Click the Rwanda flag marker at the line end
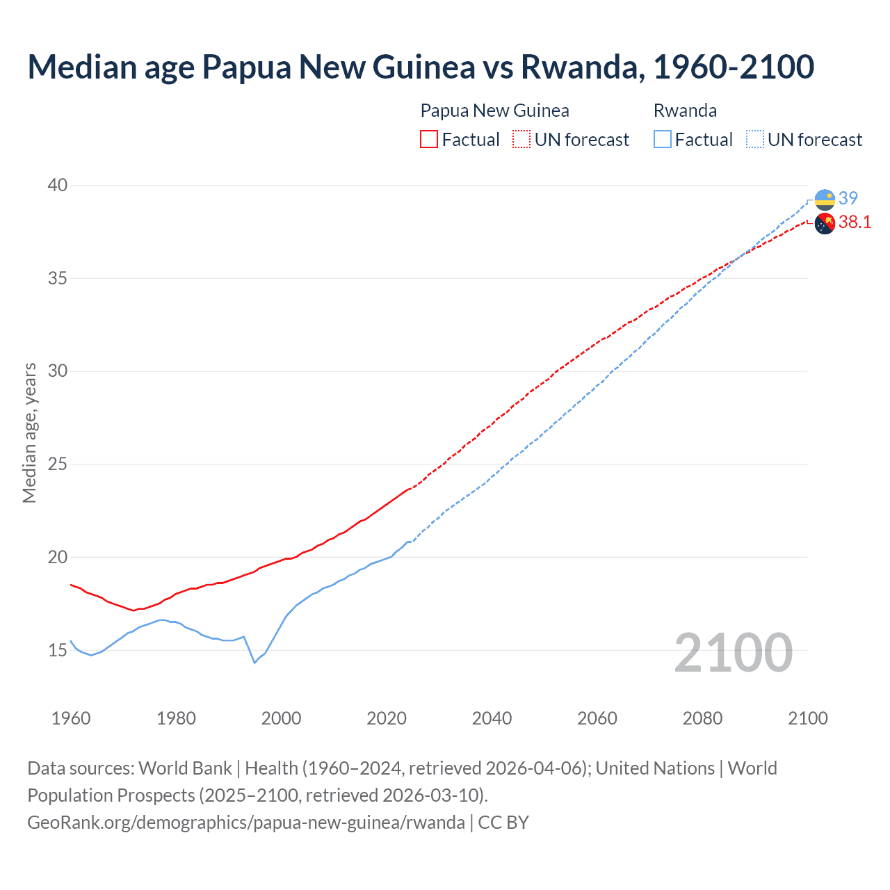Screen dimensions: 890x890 (x=825, y=200)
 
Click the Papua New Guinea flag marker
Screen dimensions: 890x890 (x=825, y=224)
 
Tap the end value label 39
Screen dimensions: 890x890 (x=848, y=198)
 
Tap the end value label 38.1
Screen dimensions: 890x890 (x=855, y=222)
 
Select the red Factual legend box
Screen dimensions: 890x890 (x=429, y=140)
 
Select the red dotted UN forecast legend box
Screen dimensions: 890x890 (x=521, y=140)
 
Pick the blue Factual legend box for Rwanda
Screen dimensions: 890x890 (x=663, y=140)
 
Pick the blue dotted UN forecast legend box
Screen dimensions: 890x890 (x=755, y=140)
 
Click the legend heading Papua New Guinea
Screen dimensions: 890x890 (x=494, y=111)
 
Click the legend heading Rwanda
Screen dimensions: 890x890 (x=685, y=111)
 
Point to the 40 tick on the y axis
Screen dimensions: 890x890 (x=58, y=185)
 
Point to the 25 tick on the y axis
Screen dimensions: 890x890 (x=58, y=464)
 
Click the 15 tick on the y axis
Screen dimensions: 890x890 (x=58, y=650)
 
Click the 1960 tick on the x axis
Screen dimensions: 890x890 (x=71, y=718)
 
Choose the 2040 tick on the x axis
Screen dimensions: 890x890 (x=492, y=718)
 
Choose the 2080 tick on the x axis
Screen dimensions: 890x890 (x=702, y=718)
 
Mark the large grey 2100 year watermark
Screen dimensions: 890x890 (x=734, y=652)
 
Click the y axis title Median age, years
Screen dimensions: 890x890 (x=29, y=432)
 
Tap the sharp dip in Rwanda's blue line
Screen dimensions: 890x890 (x=254, y=662)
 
